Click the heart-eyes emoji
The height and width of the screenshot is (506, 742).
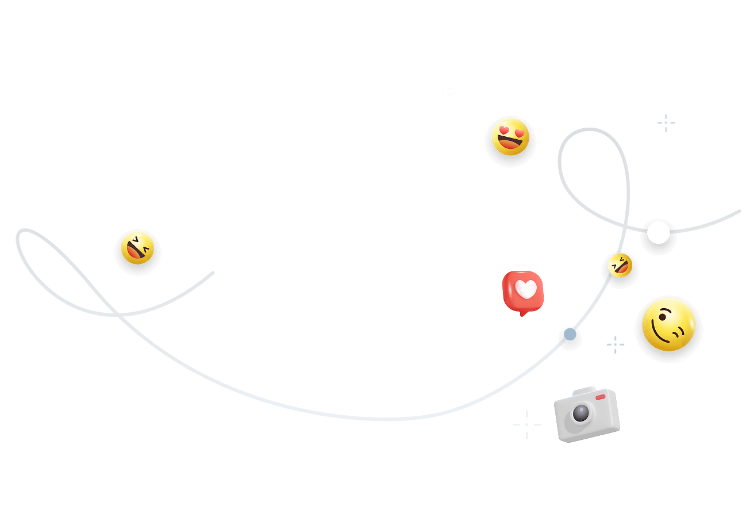pos(510,137)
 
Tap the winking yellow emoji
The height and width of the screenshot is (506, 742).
pos(668,325)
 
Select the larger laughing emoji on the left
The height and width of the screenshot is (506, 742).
pos(137,248)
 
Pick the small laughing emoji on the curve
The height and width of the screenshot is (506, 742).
pos(620,265)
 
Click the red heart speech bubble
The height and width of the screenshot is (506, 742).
pos(522,292)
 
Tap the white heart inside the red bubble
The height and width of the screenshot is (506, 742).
pos(525,289)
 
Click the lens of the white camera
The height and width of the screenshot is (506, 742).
pos(580,413)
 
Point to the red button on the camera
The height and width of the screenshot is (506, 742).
pos(600,397)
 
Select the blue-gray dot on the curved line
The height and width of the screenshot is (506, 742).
pos(570,334)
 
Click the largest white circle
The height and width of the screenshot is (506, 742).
pos(451,310)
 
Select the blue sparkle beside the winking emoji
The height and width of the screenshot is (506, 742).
pos(616,344)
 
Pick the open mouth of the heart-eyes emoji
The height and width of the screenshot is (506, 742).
pos(510,144)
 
